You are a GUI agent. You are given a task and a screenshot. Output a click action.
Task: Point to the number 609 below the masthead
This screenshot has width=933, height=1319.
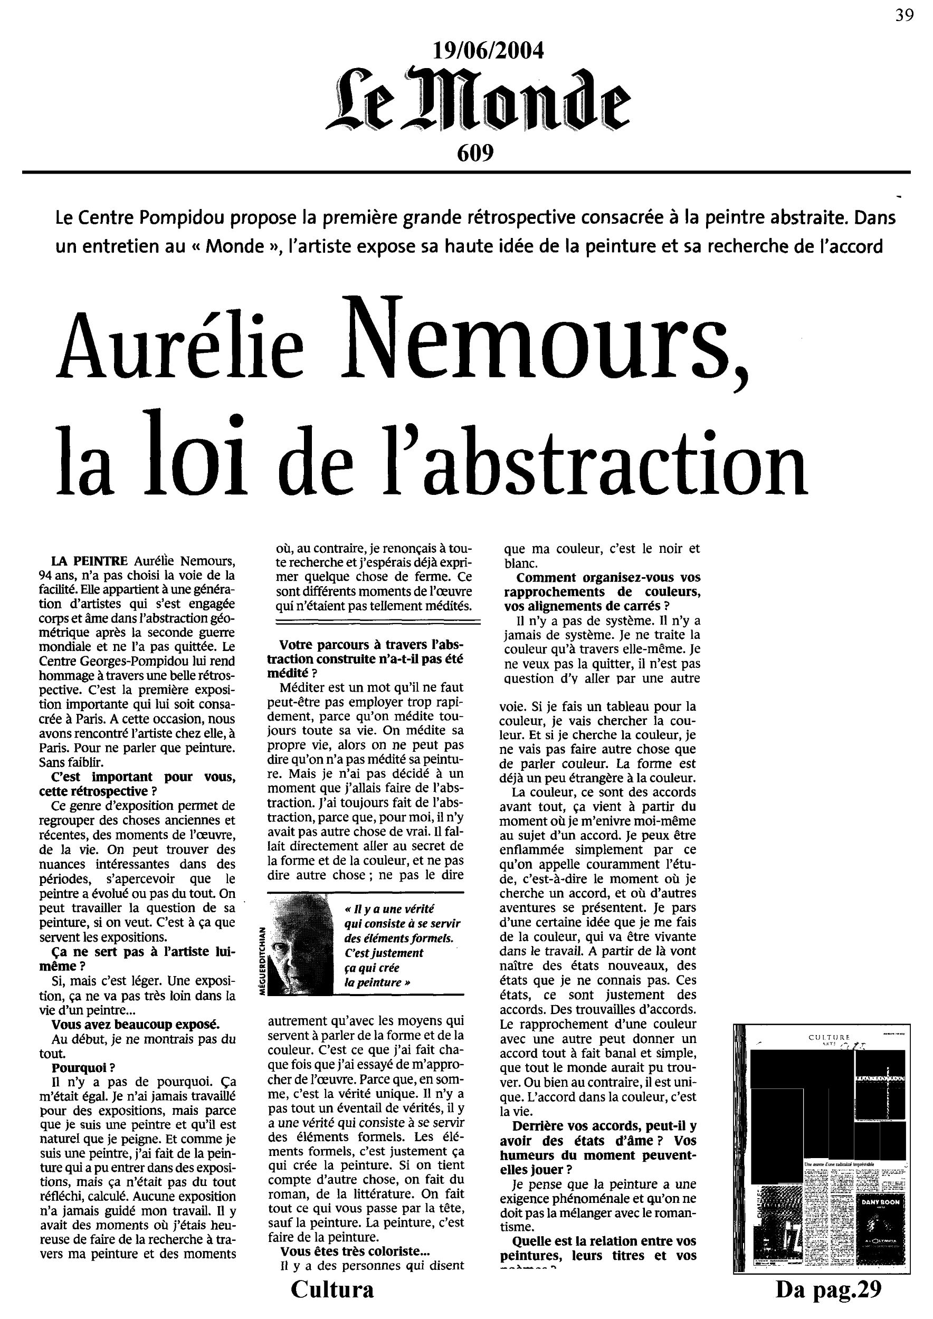point(475,153)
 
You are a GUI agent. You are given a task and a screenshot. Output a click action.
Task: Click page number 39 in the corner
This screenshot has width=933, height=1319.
point(905,15)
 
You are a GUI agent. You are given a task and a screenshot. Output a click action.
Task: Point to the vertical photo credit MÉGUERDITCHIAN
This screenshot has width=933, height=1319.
point(262,963)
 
